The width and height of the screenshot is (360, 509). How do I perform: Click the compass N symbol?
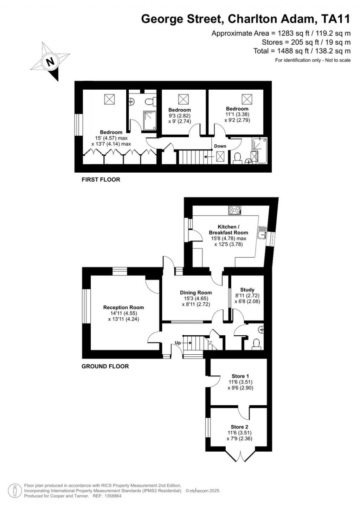[50, 62]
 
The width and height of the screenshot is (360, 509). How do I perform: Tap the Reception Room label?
[123, 308]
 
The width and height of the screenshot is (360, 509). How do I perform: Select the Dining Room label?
[196, 292]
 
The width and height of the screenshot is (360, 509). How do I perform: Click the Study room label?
[247, 290]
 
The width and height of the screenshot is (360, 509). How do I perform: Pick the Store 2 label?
[239, 427]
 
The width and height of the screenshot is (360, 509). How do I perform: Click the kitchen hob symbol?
[234, 210]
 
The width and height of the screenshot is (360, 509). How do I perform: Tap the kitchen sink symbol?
[261, 233]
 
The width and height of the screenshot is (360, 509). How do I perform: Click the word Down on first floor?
[220, 146]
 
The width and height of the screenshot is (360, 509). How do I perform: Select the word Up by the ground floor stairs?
[178, 343]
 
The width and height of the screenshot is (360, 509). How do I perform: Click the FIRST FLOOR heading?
[101, 180]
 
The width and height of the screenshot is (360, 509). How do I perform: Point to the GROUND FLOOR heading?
[105, 366]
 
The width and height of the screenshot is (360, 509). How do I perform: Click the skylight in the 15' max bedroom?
[109, 99]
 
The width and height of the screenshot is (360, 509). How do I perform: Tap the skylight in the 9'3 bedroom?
[183, 99]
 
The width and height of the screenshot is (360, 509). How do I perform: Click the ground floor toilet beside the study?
[256, 343]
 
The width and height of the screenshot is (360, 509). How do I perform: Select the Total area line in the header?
[302, 51]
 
